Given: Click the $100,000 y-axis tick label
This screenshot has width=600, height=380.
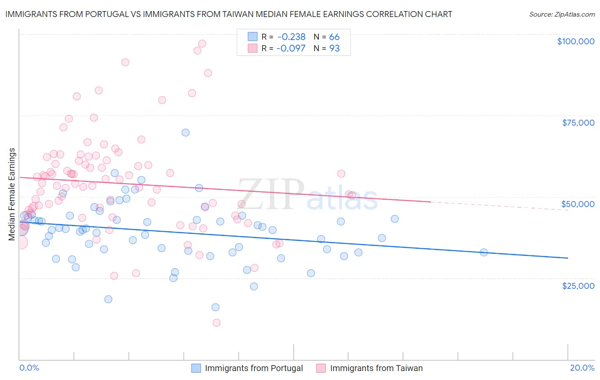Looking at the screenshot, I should pos(575,41).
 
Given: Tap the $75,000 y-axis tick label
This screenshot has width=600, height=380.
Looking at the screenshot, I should pos(578,123).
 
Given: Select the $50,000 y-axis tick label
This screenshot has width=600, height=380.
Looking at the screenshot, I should pos(578,204).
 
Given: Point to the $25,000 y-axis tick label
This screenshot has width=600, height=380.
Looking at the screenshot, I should pos(578,286).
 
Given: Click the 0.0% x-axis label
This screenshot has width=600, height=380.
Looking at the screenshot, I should pos(29,368).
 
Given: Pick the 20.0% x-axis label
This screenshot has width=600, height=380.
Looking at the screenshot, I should pos(582,368).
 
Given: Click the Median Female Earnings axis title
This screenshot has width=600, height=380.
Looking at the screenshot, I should pos(12,194).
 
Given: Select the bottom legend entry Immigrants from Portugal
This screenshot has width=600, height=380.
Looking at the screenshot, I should pos(253,368).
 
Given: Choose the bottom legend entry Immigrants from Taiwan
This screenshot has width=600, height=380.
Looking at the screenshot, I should pos(376,368).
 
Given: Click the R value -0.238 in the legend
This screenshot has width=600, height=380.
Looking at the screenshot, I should pos(291,37).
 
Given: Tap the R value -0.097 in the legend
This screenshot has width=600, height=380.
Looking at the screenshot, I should pos(291,49).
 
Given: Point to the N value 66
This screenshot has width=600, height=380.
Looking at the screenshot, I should pos(334,37).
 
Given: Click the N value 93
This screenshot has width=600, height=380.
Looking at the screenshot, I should pos(334,49).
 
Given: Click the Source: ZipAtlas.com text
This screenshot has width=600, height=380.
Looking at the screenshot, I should pos(562,14).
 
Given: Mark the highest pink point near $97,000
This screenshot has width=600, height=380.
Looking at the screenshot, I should pos(202,43).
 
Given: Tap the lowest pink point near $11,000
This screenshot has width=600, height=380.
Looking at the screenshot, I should pos(216,323).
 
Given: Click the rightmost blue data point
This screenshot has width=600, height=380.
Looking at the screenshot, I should pos(483,252).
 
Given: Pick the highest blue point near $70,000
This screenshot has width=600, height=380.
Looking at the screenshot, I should pos(186,132).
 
